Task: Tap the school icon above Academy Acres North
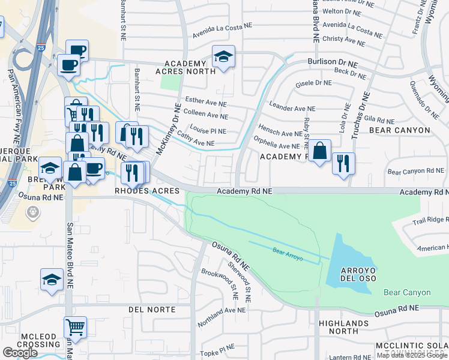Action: [x=223, y=57]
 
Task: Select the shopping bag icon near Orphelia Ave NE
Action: [x=321, y=151]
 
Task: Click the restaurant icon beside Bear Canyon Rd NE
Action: [x=343, y=163]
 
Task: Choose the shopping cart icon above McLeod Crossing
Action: [x=75, y=327]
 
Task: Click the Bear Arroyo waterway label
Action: [x=286, y=251]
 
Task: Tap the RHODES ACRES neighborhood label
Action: [x=148, y=191]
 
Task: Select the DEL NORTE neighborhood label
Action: [x=152, y=310]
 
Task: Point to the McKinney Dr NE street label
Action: [x=168, y=129]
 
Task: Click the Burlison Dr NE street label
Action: [x=333, y=62]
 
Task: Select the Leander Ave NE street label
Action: [x=292, y=109]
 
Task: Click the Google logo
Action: [x=20, y=353]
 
